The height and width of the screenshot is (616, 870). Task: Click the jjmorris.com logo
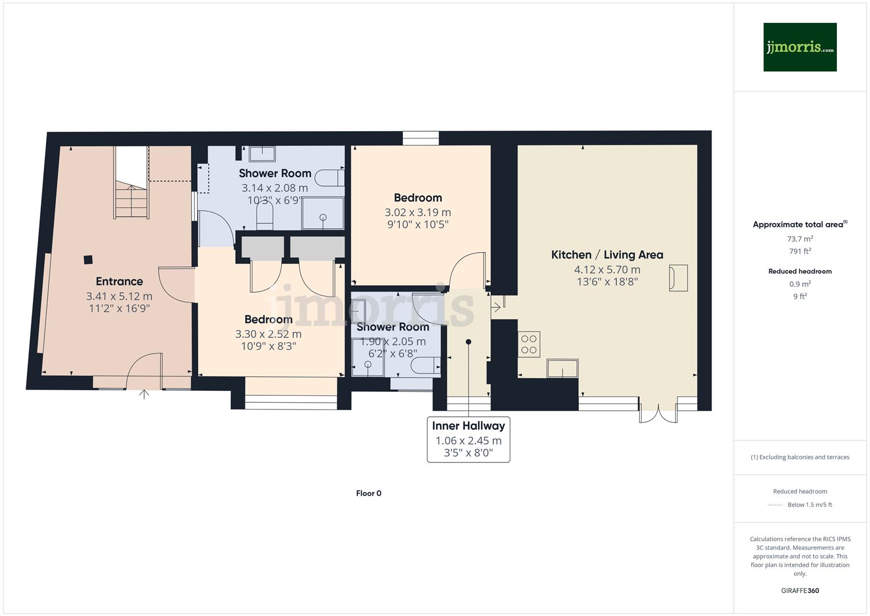(x=799, y=47)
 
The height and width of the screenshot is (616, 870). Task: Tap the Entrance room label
(x=119, y=281)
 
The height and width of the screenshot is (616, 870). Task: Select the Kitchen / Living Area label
(x=607, y=255)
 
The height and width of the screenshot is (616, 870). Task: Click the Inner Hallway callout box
(x=468, y=439)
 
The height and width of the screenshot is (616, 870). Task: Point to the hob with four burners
(x=529, y=345)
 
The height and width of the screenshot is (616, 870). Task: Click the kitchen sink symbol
(x=562, y=368)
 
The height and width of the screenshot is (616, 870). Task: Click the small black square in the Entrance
(x=88, y=260)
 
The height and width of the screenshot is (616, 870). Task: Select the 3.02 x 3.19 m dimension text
(x=418, y=212)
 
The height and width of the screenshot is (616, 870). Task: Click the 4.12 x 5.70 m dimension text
(x=607, y=270)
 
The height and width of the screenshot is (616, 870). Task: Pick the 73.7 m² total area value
(x=799, y=239)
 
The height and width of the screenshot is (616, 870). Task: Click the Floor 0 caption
(x=369, y=493)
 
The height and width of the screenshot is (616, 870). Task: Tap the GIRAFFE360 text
(x=799, y=590)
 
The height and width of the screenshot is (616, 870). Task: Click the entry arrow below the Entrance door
(x=144, y=394)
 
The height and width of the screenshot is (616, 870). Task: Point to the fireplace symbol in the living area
(x=678, y=278)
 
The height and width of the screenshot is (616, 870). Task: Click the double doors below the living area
(x=658, y=414)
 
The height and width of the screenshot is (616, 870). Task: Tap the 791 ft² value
(x=799, y=251)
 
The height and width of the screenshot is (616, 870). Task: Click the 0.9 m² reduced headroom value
(x=799, y=284)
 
